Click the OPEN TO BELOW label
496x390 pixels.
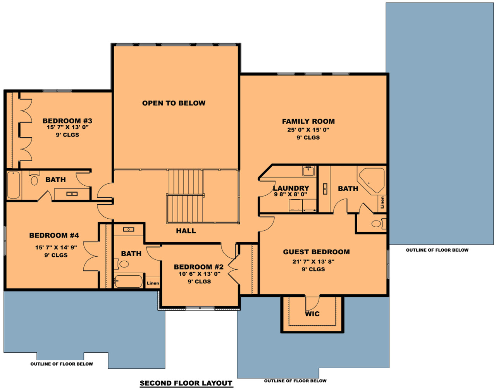[174, 103]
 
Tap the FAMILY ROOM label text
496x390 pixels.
[308, 121]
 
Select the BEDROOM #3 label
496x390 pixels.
[67, 121]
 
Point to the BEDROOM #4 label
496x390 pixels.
[54, 235]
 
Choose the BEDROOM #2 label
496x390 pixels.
[198, 267]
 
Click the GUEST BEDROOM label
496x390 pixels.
[316, 252]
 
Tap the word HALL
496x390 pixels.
[186, 231]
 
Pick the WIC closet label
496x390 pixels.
[312, 314]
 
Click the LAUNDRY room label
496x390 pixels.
[291, 188]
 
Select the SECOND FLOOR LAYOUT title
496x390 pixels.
[186, 383]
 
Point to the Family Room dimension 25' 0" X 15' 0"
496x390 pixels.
[308, 130]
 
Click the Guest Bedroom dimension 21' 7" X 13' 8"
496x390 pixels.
[313, 261]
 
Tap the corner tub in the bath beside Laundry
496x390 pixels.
[371, 179]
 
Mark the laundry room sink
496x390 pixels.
[308, 170]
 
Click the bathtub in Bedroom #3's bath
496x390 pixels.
[13, 185]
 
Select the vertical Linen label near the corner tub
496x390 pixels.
[382, 202]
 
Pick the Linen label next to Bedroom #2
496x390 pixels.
[153, 283]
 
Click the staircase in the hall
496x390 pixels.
[186, 196]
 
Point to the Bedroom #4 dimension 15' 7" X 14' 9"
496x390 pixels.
[56, 247]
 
